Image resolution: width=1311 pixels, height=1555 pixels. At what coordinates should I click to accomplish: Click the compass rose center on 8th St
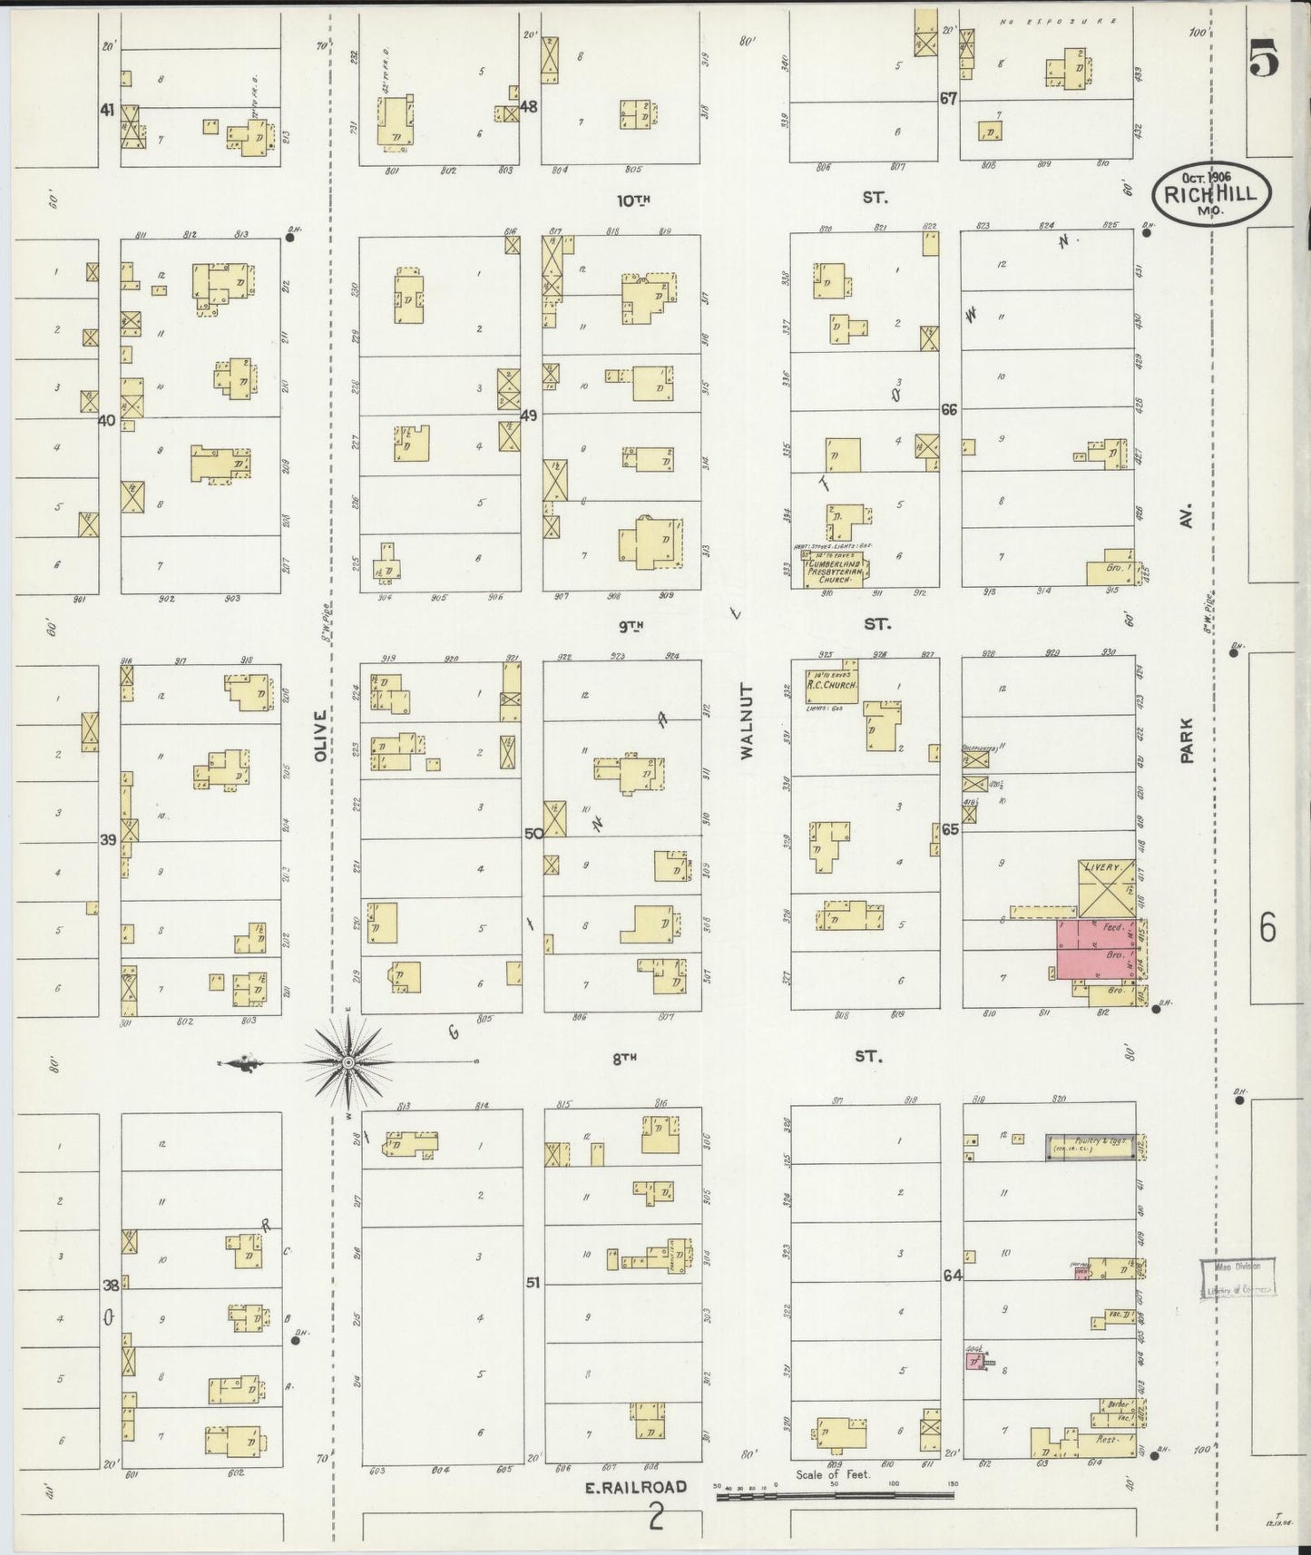coord(349,1061)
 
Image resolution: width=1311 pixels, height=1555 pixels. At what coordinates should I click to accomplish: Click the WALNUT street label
coord(748,721)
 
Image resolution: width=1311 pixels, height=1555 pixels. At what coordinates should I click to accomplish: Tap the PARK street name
coord(1186,740)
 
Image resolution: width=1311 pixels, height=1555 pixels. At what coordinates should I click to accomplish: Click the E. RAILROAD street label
coord(635,1487)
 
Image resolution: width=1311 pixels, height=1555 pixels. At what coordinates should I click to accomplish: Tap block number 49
coord(530,416)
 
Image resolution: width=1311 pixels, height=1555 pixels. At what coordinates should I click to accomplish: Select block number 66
coord(949,410)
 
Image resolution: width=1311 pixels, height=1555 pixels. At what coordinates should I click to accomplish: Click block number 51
coord(533,1282)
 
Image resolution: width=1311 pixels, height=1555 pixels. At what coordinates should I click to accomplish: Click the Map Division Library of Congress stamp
coord(1238,1278)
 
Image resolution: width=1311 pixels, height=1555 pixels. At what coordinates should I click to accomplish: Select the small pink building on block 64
coord(974,1363)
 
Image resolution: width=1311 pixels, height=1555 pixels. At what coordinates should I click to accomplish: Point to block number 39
coord(108,840)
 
